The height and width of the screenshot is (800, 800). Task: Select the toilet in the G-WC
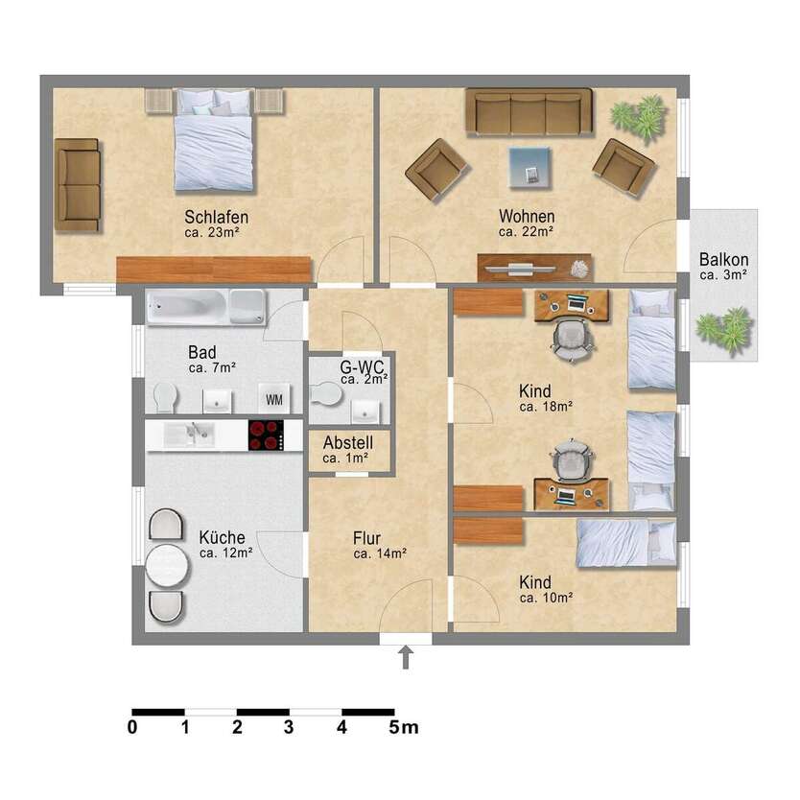point(327,394)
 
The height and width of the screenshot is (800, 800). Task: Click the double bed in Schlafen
point(215,138)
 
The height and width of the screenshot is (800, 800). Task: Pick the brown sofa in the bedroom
point(77,184)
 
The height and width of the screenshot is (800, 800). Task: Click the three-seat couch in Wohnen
point(529,111)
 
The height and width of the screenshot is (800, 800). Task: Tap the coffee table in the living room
point(530,168)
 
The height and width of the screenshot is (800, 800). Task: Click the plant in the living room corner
point(639,116)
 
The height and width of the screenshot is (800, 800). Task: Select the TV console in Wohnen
point(534,267)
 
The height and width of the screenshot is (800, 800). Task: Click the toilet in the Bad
point(165,396)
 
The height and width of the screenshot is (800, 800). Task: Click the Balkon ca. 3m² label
point(723,266)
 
